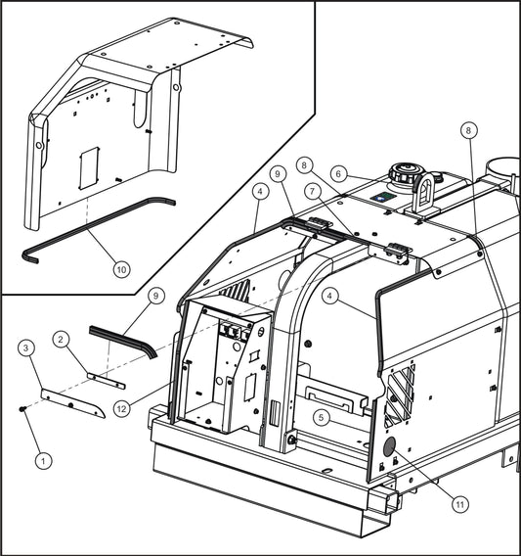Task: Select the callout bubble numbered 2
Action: (x=62, y=340)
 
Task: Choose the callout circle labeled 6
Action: (x=339, y=173)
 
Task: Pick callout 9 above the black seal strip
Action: (x=154, y=295)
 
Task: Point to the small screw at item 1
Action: (x=22, y=409)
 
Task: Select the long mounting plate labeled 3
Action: (x=73, y=401)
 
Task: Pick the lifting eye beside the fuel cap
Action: (x=424, y=190)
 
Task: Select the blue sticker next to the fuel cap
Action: (x=386, y=196)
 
